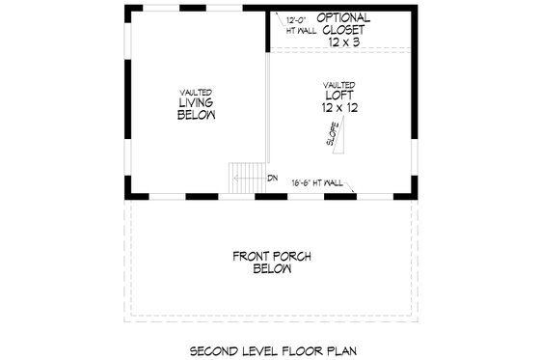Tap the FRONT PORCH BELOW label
[270, 263]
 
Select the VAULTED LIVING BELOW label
[196, 103]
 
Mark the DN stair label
[273, 178]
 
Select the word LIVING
[196, 103]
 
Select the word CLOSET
[343, 30]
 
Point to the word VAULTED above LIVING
[196, 92]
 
